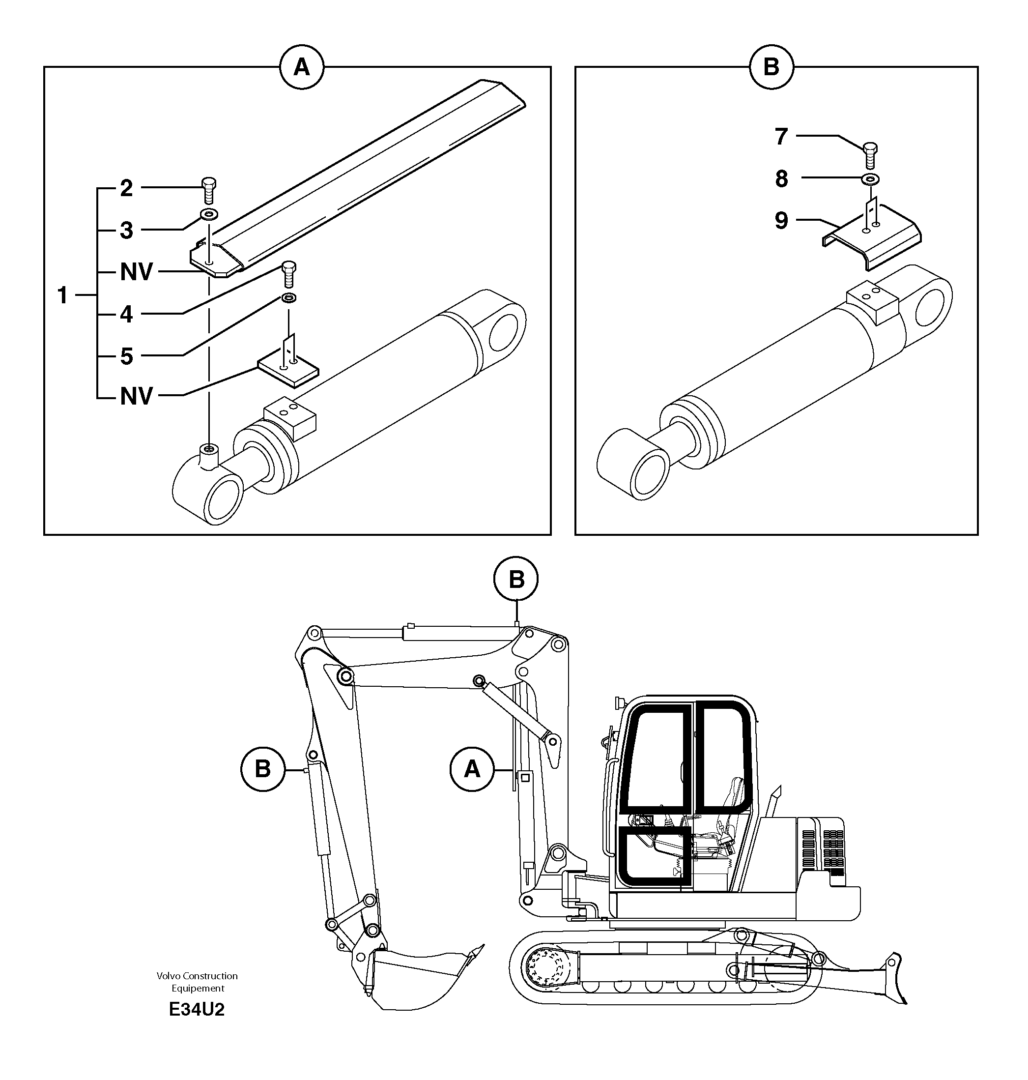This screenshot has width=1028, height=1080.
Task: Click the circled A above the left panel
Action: click(301, 67)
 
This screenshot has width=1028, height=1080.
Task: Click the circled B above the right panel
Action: click(771, 67)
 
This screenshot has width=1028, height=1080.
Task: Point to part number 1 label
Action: click(63, 296)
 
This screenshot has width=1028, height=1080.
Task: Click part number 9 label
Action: click(781, 220)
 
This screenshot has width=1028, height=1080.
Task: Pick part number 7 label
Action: click(781, 137)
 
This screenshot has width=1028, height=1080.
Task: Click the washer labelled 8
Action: click(870, 179)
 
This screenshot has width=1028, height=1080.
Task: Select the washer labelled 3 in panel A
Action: click(209, 213)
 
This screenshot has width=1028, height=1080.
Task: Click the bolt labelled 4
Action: click(289, 275)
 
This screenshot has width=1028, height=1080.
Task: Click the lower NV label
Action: click(137, 396)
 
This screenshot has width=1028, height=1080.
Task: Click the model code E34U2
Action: click(197, 1009)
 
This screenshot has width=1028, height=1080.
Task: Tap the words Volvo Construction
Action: click(197, 975)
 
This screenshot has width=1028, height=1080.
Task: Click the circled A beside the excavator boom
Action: click(472, 769)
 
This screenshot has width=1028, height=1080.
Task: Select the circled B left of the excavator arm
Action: click(262, 769)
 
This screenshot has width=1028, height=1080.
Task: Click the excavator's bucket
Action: click(417, 981)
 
